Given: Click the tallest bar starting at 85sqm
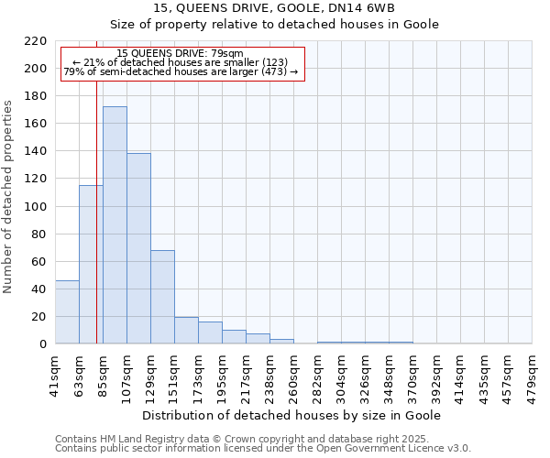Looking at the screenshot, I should tap(115, 225).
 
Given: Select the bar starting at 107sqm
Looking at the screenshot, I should tap(138, 248).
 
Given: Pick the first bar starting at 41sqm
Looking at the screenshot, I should tap(67, 312).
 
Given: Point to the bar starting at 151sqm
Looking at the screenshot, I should tap(186, 331).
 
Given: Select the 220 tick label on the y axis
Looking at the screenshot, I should tap(36, 41).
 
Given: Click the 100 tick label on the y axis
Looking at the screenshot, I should tap(36, 207).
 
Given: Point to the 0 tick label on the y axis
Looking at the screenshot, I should tap(42, 344).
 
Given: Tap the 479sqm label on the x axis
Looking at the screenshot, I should tap(533, 376).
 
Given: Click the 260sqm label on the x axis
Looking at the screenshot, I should tap(294, 376).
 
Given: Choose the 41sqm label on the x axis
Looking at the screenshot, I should tap(56, 376).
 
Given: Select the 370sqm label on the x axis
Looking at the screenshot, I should tap(413, 376).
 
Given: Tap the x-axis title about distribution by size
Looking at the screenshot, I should tap(293, 415).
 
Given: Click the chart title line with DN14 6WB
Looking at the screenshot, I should tap(274, 8).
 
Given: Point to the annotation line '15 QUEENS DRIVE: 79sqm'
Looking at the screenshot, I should tap(181, 54).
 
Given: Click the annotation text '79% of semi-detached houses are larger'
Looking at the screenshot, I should tap(181, 71).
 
